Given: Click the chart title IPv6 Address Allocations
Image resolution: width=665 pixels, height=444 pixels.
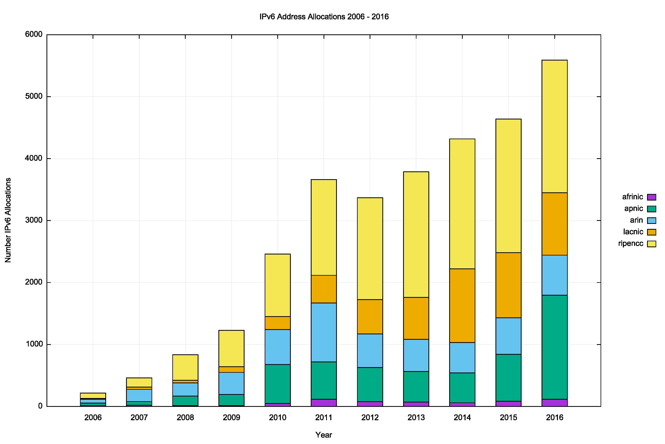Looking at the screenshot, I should pos(324,17).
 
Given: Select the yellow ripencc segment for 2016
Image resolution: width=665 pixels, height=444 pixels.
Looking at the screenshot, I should pos(554,126).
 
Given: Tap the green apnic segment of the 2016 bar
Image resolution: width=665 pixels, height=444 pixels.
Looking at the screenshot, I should pos(554,347).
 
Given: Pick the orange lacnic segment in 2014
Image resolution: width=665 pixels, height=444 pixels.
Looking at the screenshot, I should pos(462,306).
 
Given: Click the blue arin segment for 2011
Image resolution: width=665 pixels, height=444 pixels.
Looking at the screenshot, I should pos(324,332).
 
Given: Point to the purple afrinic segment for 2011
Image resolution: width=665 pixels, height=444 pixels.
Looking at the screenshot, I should pos(324,403).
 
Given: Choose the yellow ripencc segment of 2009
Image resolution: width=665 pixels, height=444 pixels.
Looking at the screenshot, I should pos(231,348).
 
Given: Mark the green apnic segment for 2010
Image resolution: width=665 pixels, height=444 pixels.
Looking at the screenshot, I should pos(277,384).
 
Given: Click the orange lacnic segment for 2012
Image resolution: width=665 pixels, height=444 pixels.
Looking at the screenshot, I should pos(370,317).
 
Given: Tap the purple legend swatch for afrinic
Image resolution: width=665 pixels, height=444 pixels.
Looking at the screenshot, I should pos(651,197).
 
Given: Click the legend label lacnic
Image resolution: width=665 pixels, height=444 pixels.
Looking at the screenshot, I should pos(633,232).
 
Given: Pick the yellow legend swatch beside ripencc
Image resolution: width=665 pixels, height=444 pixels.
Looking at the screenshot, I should pos(651,244).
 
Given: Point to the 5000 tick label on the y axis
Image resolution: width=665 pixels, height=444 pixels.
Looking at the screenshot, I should pos(34,96).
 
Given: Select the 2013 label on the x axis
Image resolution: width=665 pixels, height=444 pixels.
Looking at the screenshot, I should pos(416,418).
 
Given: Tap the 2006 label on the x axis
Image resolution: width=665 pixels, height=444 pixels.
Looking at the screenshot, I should pos(93,418).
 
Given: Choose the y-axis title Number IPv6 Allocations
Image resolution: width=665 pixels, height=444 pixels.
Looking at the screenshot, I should pos(8,220).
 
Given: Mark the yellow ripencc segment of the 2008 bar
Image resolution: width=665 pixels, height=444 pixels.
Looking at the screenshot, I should pos(185,367).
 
